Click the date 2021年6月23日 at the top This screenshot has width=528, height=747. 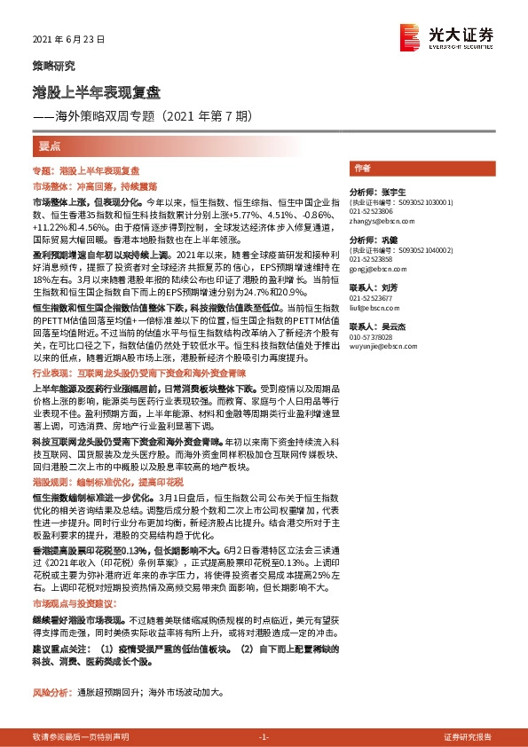[x=68, y=40]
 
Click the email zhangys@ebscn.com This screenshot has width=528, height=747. [x=378, y=222]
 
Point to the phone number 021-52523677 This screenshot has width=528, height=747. [x=373, y=299]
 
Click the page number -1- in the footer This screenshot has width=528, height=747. [x=264, y=737]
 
